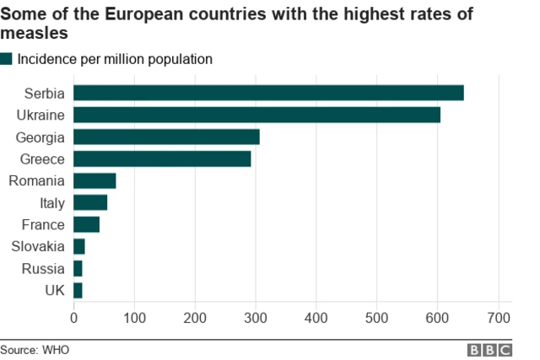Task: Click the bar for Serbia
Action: pos(268,93)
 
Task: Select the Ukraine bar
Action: pos(256,115)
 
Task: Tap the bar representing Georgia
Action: pos(166,137)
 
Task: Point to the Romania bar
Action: pos(94,180)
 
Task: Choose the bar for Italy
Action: pos(90,202)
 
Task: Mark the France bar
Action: pos(87,224)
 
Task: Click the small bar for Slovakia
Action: pos(79,246)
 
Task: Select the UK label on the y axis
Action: pos(54,291)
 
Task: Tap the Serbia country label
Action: pos(44,93)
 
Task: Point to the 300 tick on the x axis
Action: pos(256,318)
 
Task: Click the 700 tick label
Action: pos(498,318)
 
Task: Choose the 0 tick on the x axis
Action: pos(74,318)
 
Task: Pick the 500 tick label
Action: pos(377,318)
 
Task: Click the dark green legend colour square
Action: pos(7,59)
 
